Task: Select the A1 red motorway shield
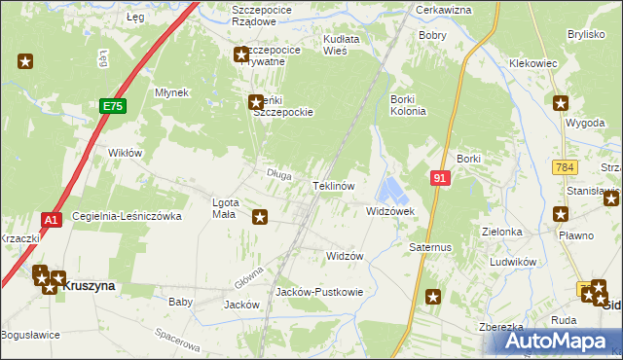coord(53,220)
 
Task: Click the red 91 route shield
coord(440,178)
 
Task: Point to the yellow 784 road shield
coord(562,169)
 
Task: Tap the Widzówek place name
coord(390,211)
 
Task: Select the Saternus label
coord(430,247)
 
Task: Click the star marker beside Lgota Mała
coord(260,217)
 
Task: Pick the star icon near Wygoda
coord(561,103)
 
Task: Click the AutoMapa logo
coord(554,341)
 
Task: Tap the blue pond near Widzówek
coord(393,188)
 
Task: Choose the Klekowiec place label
coord(533,62)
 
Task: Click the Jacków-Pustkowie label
coord(319,291)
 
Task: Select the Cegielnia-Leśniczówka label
coord(127,216)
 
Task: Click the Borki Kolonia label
coord(408,105)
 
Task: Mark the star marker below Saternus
coord(432,298)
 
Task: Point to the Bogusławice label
coord(30,335)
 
